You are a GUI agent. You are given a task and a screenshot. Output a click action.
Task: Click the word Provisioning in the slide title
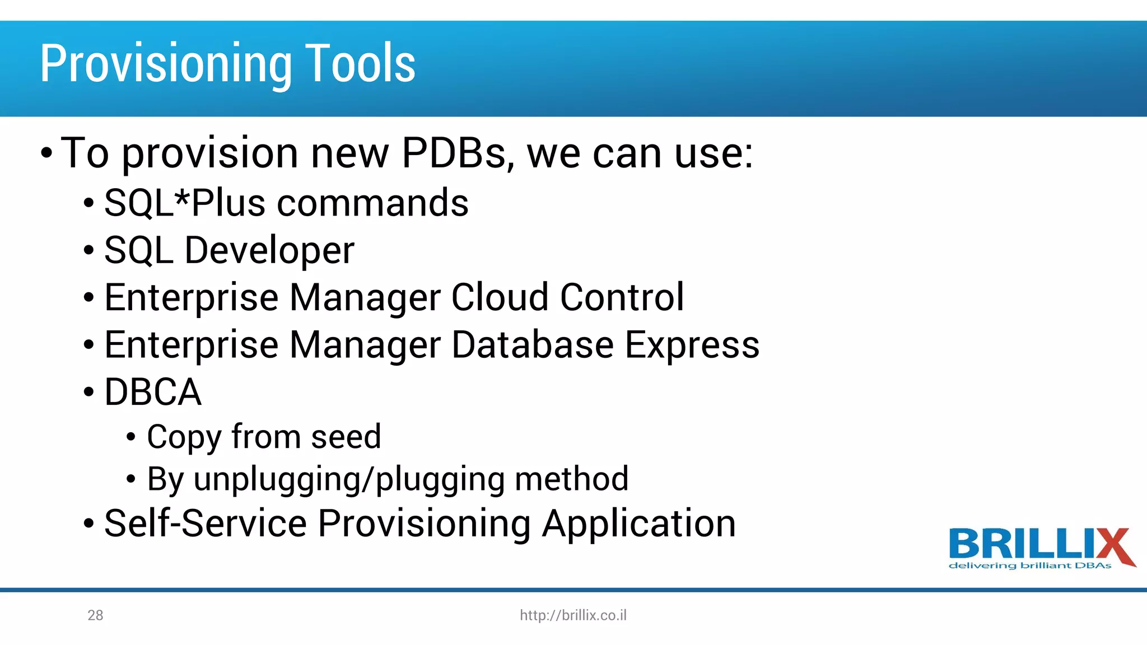[x=165, y=64]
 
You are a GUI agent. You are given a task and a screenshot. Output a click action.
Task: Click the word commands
[x=372, y=203]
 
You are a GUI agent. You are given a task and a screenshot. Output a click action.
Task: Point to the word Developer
[x=269, y=250]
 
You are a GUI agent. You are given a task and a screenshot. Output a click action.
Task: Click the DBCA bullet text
[x=152, y=392]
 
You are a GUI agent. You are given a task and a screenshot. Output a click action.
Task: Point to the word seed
[x=346, y=437]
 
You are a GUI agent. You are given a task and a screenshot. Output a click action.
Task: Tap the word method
[x=571, y=479]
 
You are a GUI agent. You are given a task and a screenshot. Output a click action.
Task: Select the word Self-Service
[x=206, y=524]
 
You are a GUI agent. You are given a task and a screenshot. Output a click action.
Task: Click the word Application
[x=638, y=524]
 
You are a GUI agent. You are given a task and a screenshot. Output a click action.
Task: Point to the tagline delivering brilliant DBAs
[x=1029, y=566]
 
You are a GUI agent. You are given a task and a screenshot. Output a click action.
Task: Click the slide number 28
[x=95, y=615]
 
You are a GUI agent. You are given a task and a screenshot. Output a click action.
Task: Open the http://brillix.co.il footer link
[x=573, y=615]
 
